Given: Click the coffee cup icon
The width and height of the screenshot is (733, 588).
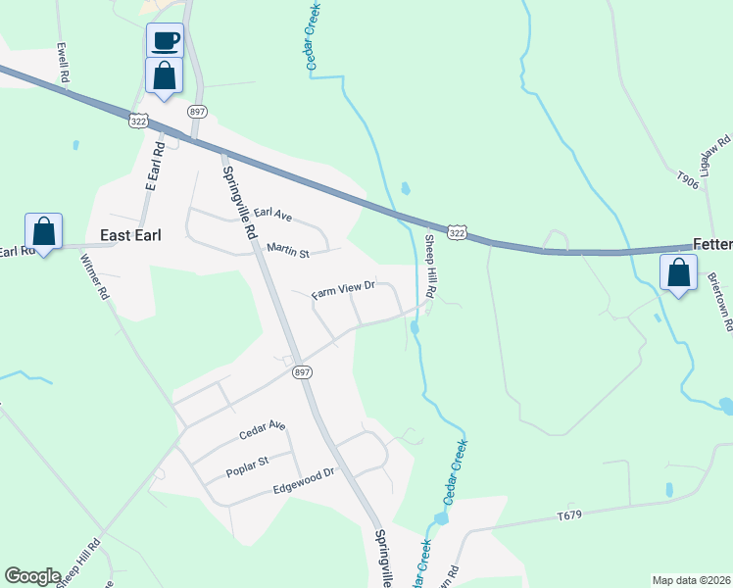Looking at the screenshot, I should click(x=165, y=41).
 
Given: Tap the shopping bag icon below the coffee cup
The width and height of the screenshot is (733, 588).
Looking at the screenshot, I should click(x=165, y=74).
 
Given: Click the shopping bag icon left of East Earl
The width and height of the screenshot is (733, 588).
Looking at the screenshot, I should click(x=43, y=231).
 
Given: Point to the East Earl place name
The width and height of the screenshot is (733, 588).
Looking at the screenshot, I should click(x=131, y=235).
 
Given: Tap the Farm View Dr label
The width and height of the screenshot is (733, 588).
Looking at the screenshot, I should click(x=344, y=290).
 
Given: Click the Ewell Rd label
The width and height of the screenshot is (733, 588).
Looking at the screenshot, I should click(x=64, y=62).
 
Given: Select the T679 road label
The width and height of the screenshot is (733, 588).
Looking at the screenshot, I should click(x=569, y=515).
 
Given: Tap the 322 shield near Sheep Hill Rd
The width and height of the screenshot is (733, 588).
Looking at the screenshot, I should click(x=457, y=232).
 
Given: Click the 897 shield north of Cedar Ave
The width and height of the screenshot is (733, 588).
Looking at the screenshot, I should click(x=302, y=371).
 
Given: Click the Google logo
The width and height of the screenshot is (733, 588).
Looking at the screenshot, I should click(x=32, y=576).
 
